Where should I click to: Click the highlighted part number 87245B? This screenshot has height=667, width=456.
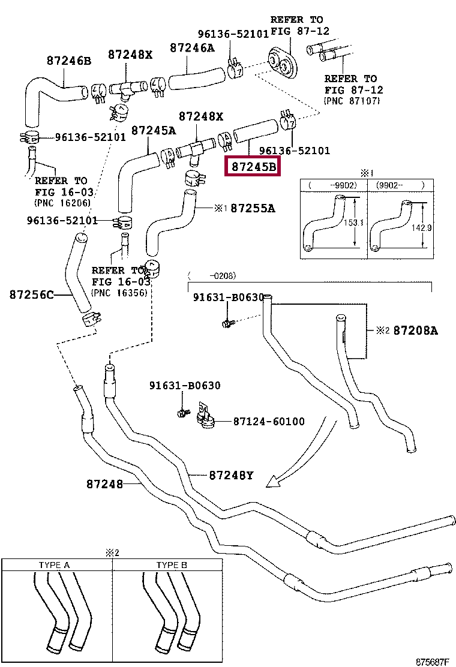[251, 166]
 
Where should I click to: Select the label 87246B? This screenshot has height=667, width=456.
[69, 61]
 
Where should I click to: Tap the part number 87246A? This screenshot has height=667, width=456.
[191, 47]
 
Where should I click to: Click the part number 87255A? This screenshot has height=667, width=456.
[253, 208]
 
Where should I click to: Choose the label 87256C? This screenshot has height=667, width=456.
[31, 295]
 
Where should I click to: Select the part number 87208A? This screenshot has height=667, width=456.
[415, 331]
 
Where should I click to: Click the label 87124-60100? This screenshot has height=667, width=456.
[269, 422]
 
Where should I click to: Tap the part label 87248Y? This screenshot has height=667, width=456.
[231, 476]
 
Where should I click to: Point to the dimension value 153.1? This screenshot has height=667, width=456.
[359, 223]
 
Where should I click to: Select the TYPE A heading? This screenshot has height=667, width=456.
[54, 565]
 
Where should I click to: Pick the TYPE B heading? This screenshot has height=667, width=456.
[172, 565]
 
